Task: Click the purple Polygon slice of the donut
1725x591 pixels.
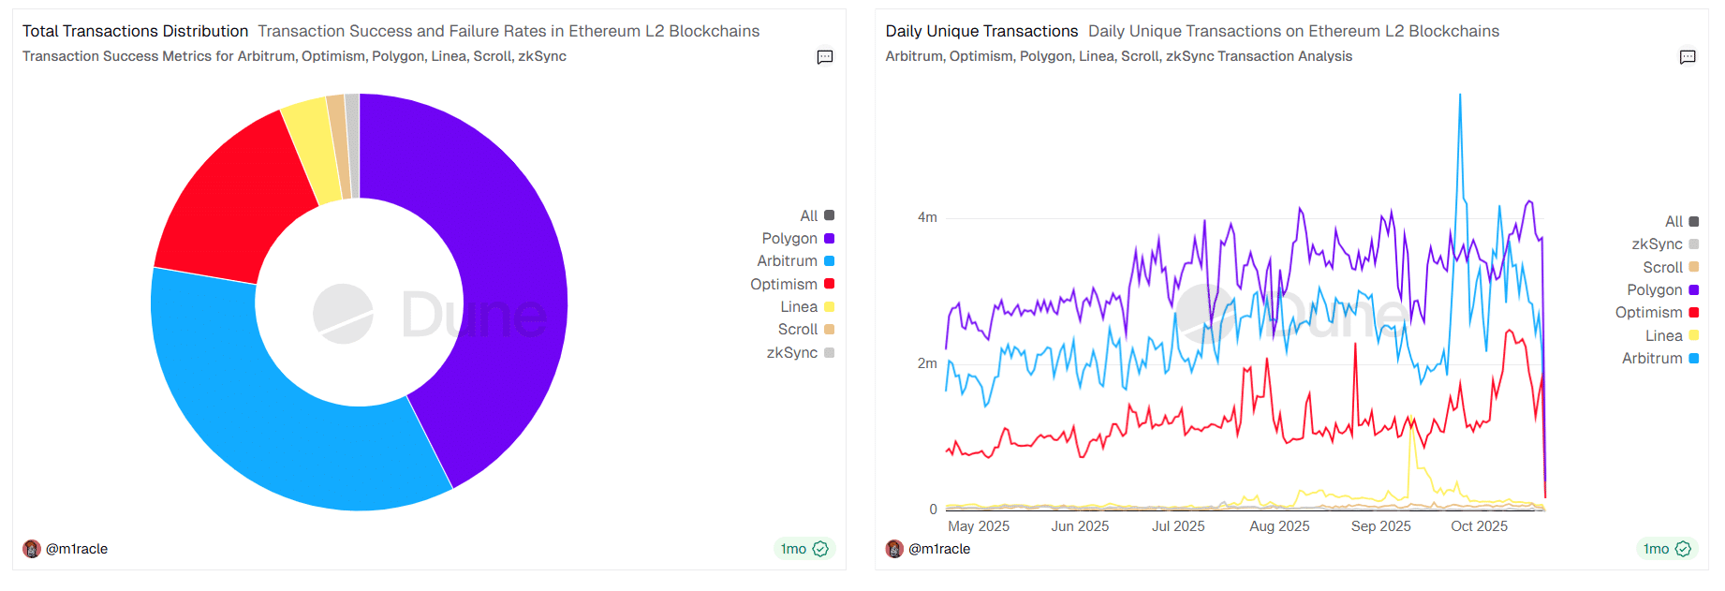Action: point(496,262)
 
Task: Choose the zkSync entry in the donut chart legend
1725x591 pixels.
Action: point(792,353)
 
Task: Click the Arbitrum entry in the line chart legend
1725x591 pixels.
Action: point(1652,359)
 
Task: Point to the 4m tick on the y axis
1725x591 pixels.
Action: point(927,217)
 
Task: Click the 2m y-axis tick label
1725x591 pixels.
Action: point(927,363)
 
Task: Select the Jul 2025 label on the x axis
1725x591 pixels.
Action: point(1178,526)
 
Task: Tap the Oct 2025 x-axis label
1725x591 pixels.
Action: point(1479,526)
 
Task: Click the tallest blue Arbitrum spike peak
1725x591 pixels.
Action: point(1459,96)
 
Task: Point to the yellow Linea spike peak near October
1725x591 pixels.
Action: point(1410,419)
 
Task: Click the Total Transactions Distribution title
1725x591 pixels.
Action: point(135,31)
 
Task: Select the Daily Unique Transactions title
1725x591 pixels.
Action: point(981,31)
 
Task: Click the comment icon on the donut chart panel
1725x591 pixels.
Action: point(825,57)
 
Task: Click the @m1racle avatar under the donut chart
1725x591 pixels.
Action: point(32,549)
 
